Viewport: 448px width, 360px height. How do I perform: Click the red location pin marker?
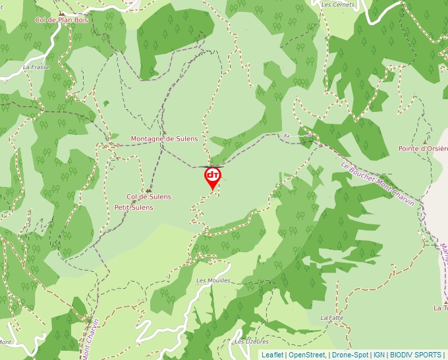[213, 176]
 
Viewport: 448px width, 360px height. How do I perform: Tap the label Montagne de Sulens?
[164, 139]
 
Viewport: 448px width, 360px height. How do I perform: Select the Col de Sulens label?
[148, 197]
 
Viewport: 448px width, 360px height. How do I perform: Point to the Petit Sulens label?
[134, 207]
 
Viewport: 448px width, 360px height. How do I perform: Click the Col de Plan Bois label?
[61, 20]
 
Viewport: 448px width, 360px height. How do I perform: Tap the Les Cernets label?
[338, 5]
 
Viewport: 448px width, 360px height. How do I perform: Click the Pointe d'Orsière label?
[423, 149]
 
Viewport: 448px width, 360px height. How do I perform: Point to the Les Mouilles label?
[213, 280]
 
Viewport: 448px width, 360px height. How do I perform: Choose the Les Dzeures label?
[251, 342]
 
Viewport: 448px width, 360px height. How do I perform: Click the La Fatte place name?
[332, 317]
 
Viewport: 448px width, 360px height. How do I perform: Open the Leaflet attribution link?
[272, 355]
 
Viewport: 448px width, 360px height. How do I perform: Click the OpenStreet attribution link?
[307, 355]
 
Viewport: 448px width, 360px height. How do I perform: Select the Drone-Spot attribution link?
[350, 355]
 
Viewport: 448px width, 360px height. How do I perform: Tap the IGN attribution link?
[379, 355]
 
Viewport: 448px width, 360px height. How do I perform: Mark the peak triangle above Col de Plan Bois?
[61, 13]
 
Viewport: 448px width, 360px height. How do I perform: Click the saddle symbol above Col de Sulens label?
[149, 190]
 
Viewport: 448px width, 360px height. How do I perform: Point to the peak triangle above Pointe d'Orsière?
[425, 141]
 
